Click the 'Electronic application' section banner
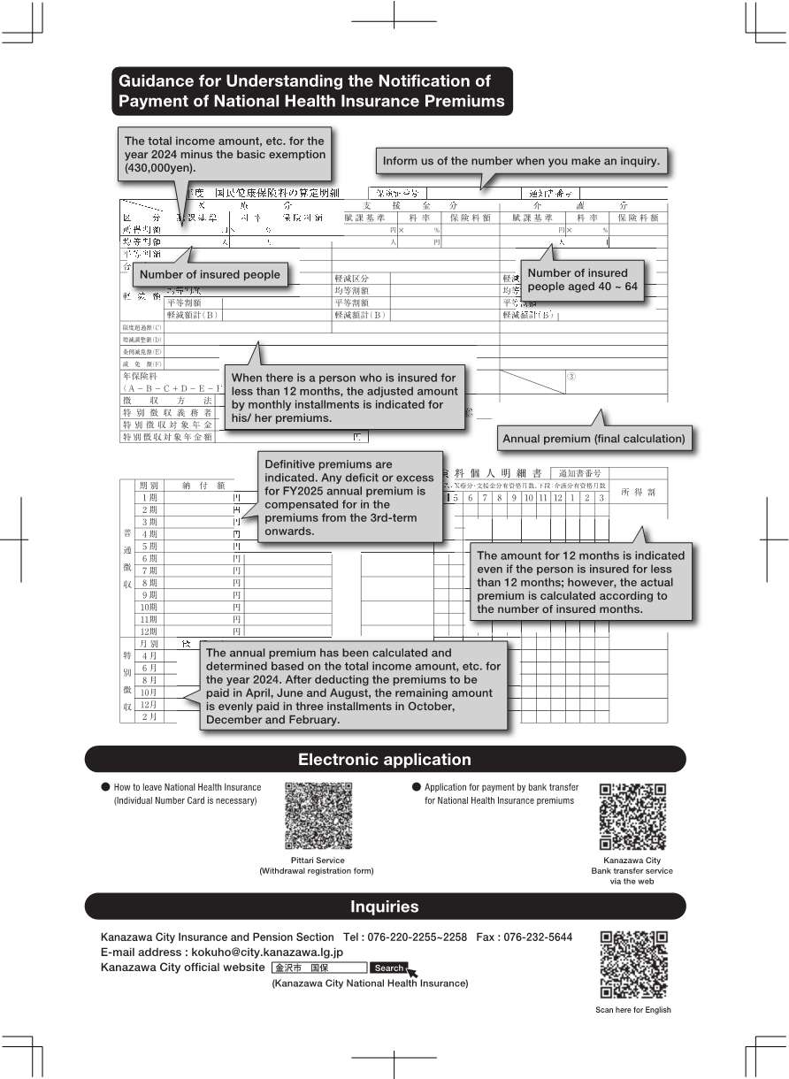(385, 760)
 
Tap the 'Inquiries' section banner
(385, 907)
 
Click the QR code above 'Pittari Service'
(318, 816)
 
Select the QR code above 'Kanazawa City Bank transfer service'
(632, 816)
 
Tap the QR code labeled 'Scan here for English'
(632, 965)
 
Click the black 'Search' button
(388, 968)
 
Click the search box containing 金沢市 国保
(318, 968)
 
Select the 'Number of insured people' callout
(210, 274)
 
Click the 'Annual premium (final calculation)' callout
(594, 438)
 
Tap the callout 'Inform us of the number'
(521, 161)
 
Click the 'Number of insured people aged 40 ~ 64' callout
(582, 279)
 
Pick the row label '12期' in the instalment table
(148, 631)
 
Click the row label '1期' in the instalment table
(149, 498)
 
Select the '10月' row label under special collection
(149, 692)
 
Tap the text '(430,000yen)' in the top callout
(160, 167)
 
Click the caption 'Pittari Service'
(318, 860)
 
